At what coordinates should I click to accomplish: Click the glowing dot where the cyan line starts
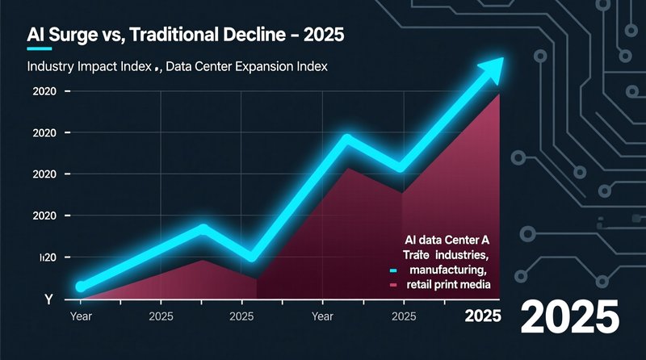[x=80, y=287]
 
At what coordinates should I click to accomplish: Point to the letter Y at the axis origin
[x=48, y=299]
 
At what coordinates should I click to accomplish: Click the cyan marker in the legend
[x=394, y=270]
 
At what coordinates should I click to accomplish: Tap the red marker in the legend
[x=394, y=285]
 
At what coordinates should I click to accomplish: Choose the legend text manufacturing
[x=447, y=270]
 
